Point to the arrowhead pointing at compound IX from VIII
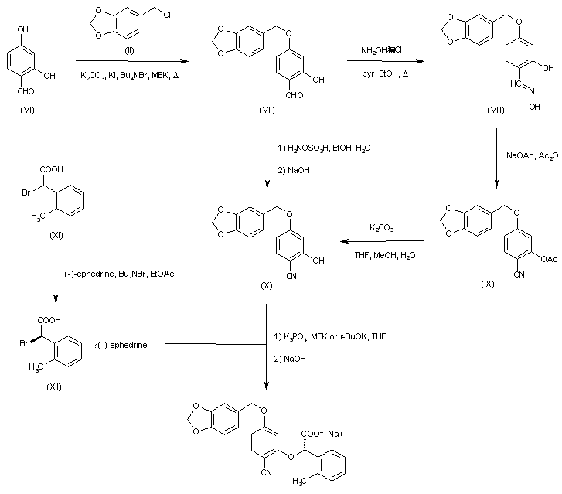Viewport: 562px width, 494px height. point(496,185)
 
